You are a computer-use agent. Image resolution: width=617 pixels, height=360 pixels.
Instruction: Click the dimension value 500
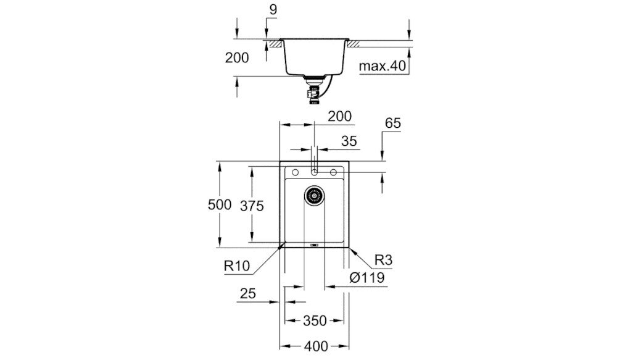point(220,206)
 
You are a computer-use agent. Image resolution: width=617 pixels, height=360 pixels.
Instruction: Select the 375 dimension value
point(252,206)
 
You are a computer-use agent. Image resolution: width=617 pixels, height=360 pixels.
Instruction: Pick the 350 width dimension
point(314,320)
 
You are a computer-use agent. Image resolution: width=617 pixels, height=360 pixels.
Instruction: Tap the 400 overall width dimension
point(314,346)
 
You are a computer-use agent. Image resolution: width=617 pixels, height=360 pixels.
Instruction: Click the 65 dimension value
point(392,123)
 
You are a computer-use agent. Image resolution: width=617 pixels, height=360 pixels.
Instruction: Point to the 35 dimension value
point(349,141)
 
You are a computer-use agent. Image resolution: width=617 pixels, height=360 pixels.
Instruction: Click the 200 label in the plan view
point(339,115)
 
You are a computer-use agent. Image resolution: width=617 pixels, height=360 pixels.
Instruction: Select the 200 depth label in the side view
point(237,58)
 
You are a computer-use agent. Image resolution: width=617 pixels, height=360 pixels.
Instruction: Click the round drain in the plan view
point(314,196)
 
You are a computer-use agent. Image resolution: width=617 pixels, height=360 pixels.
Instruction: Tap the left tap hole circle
point(295,171)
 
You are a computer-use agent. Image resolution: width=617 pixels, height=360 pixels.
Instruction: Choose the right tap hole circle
point(333,171)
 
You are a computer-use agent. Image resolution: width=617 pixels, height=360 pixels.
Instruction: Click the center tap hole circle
point(314,171)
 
